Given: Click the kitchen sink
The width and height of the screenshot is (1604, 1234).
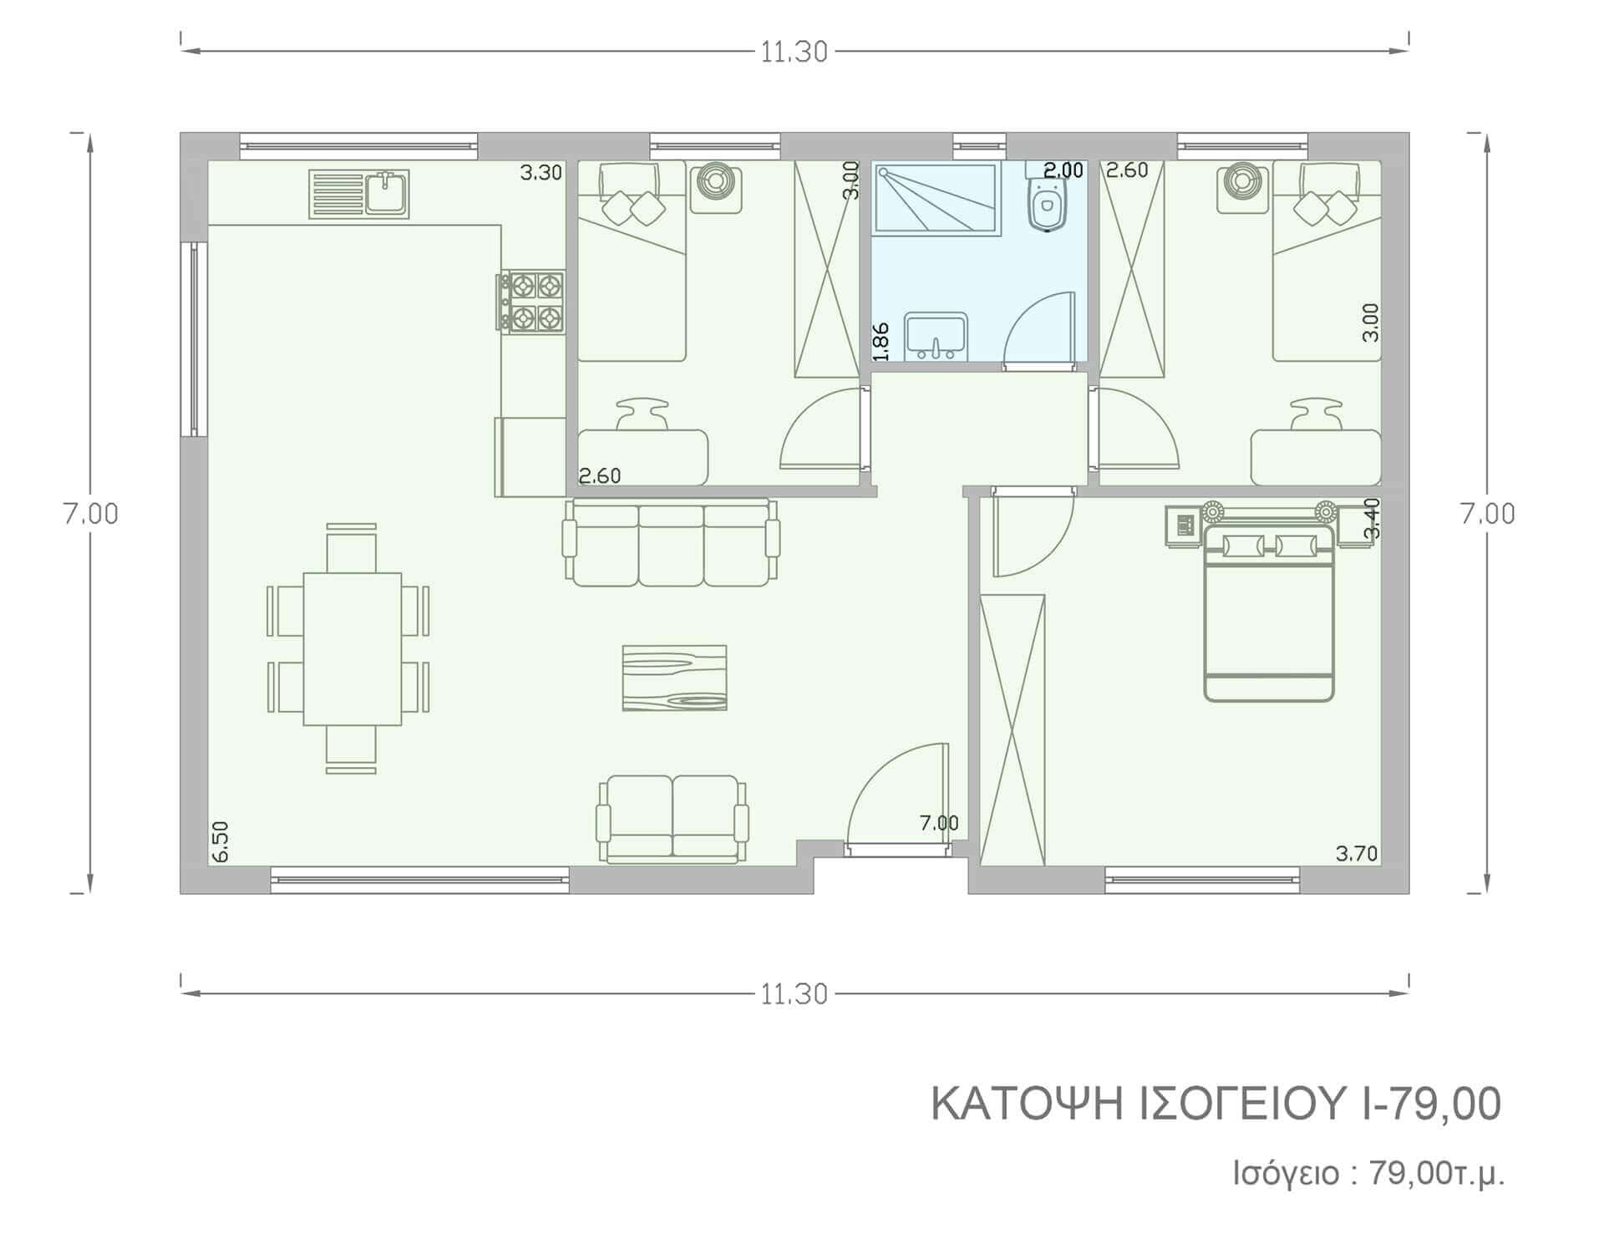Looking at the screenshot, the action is (x=359, y=195).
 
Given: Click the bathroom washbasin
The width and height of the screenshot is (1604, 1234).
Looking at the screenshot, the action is (x=937, y=336).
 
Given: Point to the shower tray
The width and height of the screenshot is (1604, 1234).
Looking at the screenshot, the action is (x=937, y=197).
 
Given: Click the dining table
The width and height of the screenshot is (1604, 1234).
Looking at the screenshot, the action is (x=352, y=648).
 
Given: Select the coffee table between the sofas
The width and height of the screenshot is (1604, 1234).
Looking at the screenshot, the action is (x=674, y=678).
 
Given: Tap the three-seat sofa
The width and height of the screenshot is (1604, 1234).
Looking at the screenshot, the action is (x=671, y=542).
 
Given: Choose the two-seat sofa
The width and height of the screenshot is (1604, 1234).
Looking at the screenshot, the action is (x=673, y=818).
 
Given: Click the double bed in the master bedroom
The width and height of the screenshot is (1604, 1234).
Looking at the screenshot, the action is (x=1268, y=613).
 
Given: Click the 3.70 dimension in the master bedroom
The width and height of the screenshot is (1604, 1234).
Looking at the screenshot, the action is (x=1357, y=853).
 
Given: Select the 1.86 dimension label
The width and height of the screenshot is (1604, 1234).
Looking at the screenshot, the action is (x=881, y=342).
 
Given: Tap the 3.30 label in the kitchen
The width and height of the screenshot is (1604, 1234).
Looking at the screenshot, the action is (x=541, y=173).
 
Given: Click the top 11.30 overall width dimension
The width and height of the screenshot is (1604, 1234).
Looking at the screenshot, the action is (x=794, y=52).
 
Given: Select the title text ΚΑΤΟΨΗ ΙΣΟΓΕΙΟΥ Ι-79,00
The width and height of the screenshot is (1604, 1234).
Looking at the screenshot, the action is (x=1216, y=1104).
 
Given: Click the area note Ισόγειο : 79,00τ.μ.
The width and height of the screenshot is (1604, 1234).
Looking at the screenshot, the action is (x=1369, y=1174).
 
